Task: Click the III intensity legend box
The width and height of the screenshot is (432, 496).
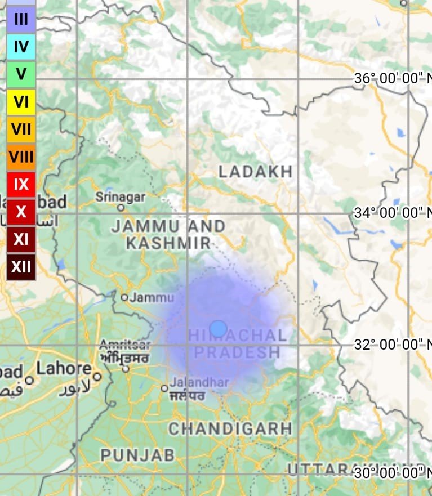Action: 21,19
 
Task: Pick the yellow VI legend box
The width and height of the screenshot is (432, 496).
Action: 21,102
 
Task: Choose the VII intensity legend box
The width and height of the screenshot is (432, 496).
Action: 21,129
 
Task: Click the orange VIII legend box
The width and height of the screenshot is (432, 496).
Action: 21,157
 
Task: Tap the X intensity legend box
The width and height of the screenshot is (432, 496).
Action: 21,212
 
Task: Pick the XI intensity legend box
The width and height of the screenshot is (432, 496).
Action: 21,239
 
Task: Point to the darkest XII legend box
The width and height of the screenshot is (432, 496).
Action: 21,266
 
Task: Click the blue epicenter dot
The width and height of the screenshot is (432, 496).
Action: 218,329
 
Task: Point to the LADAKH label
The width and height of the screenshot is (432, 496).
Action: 256,172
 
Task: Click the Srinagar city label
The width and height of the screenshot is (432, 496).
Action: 120,197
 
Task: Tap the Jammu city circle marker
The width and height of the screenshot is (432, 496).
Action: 124,297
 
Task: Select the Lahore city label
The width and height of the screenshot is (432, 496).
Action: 64,369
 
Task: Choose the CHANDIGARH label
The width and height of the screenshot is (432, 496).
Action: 230,428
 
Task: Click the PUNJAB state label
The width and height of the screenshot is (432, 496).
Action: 137,455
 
